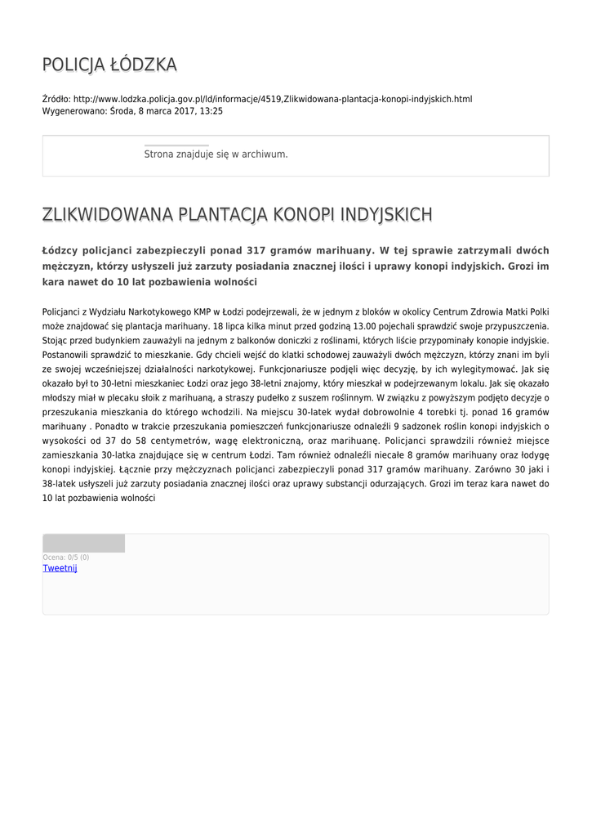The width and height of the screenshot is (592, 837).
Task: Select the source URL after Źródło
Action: (x=273, y=99)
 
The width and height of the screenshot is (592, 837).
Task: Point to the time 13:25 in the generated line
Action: (x=211, y=111)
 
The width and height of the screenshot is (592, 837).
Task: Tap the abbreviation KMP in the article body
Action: (x=204, y=311)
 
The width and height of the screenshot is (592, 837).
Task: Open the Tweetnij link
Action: (x=60, y=568)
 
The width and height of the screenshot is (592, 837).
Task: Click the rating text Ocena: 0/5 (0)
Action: (x=66, y=557)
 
